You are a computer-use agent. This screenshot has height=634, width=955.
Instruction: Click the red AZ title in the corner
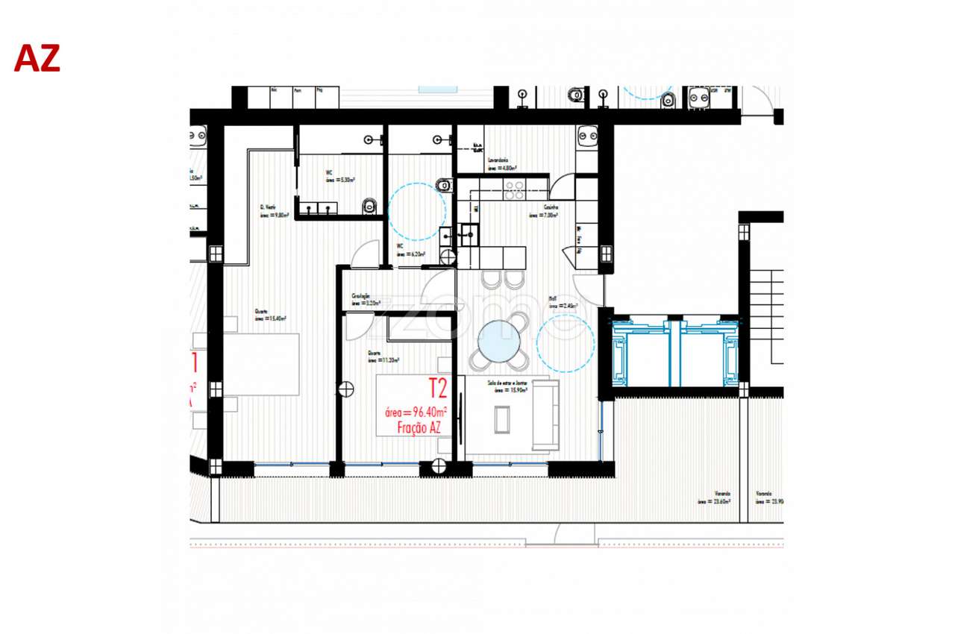pyautogui.click(x=37, y=58)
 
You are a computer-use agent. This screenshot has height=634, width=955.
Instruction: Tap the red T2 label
pyautogui.click(x=437, y=388)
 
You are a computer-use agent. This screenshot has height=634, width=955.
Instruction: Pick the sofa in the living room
pyautogui.click(x=545, y=415)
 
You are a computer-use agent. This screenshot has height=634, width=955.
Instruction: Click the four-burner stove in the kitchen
pyautogui.click(x=513, y=190)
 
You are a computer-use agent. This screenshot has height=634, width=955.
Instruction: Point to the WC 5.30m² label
pyautogui.click(x=339, y=177)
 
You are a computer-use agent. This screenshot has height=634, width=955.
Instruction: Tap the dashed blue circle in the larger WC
pyautogui.click(x=417, y=211)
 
